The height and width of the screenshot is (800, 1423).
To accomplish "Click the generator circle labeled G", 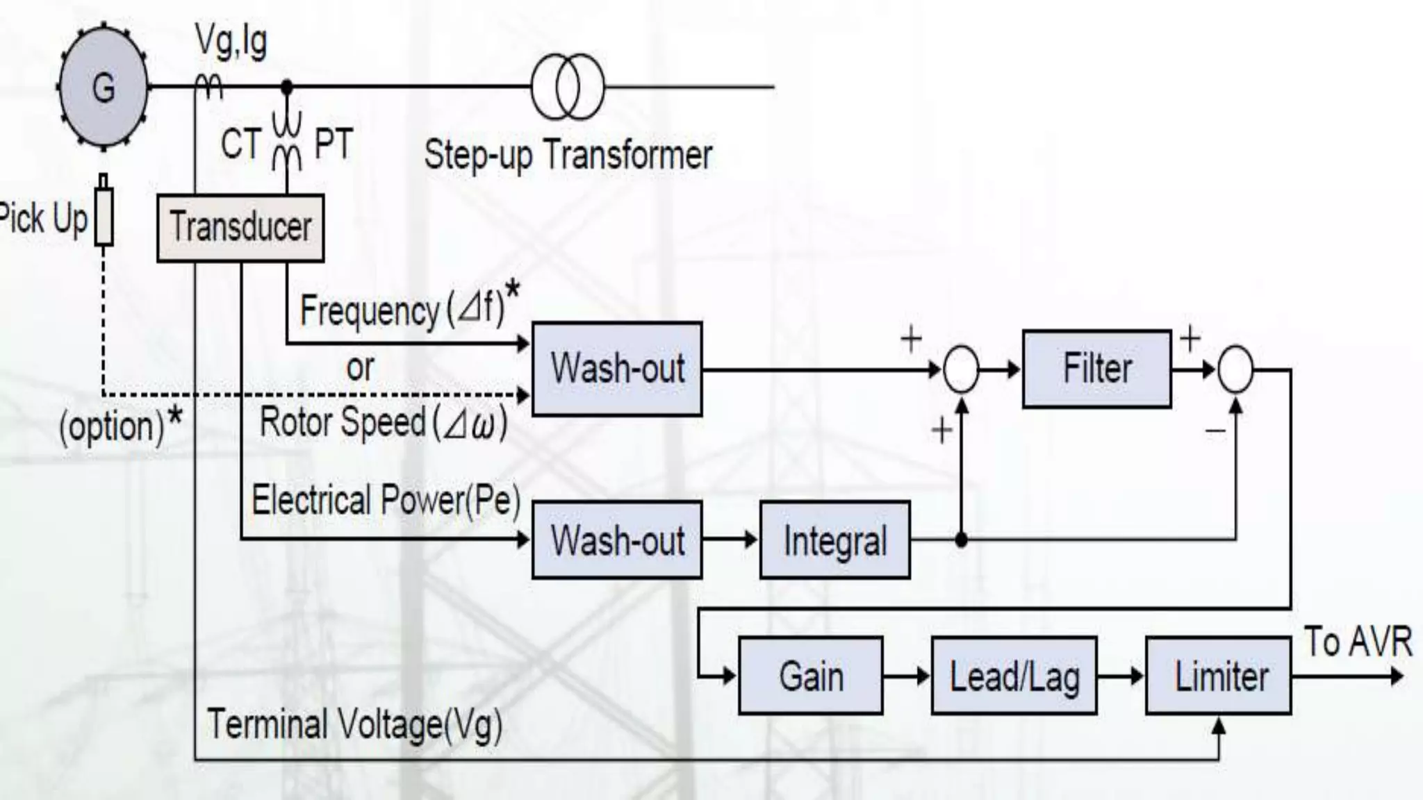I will pyautogui.click(x=104, y=87).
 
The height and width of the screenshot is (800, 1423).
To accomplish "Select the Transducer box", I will pyautogui.click(x=240, y=228).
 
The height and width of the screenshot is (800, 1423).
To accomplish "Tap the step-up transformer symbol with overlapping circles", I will pyautogui.click(x=568, y=87).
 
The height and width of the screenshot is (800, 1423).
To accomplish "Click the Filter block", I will pyautogui.click(x=1096, y=369).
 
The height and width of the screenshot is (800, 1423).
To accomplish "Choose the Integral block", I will pyautogui.click(x=834, y=540).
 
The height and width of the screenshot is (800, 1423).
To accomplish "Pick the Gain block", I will pyautogui.click(x=811, y=676).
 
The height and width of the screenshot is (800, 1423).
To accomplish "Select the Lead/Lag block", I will pyautogui.click(x=1014, y=676).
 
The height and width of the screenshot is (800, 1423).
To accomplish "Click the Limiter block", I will pyautogui.click(x=1218, y=676).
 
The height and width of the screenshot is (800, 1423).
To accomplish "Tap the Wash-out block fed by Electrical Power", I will pyautogui.click(x=617, y=540).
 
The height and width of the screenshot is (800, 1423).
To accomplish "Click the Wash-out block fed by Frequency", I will pyautogui.click(x=617, y=369).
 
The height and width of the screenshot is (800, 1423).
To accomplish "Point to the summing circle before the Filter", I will pyautogui.click(x=961, y=369).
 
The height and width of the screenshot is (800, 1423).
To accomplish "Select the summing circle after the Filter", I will pyautogui.click(x=1235, y=369).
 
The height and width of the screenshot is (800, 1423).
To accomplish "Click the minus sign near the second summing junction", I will pyautogui.click(x=1215, y=431).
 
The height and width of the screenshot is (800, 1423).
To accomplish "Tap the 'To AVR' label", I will pyautogui.click(x=1357, y=641).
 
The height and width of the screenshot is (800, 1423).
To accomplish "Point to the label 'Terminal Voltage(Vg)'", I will pyautogui.click(x=354, y=725).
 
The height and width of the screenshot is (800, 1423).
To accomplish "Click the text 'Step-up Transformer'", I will pyautogui.click(x=568, y=154).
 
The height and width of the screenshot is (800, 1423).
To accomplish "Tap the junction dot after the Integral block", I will pyautogui.click(x=961, y=539).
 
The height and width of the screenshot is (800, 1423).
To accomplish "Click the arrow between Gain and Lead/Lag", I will pyautogui.click(x=907, y=676).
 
